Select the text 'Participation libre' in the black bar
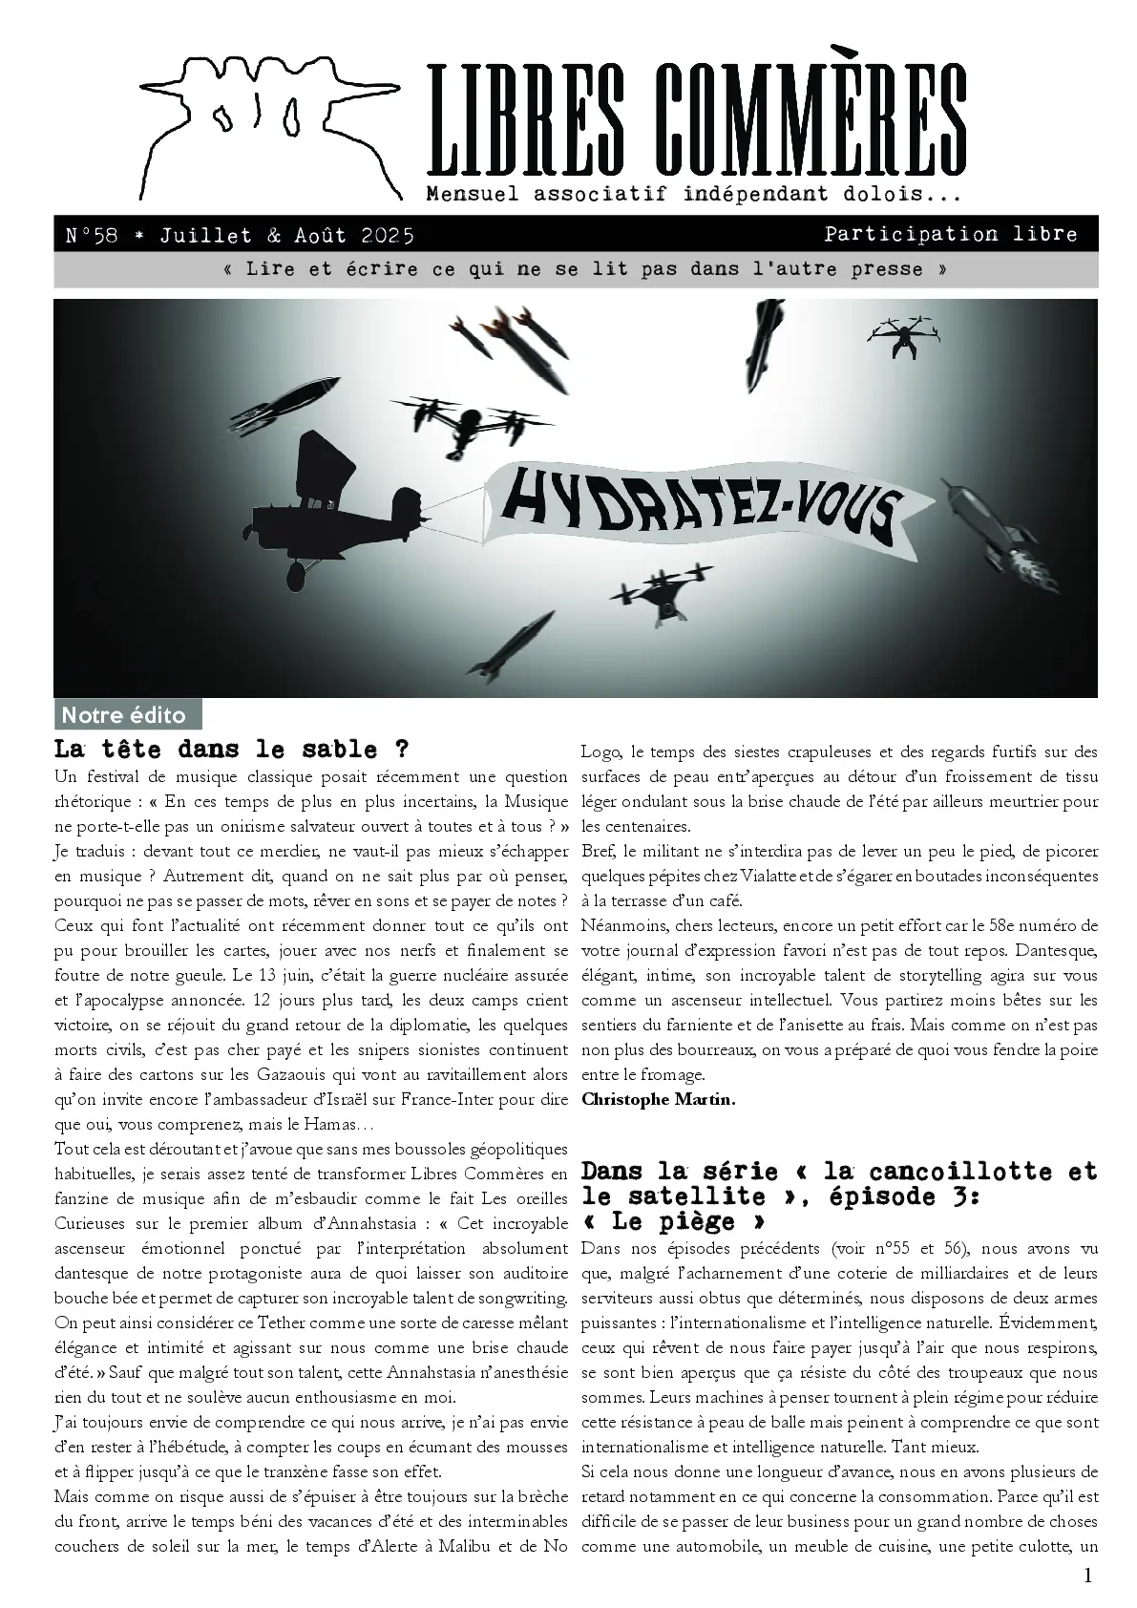pos(951,234)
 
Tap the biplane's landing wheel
pos(297,574)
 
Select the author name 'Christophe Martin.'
pos(659,1099)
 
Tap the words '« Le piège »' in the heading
pos(673,1221)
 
